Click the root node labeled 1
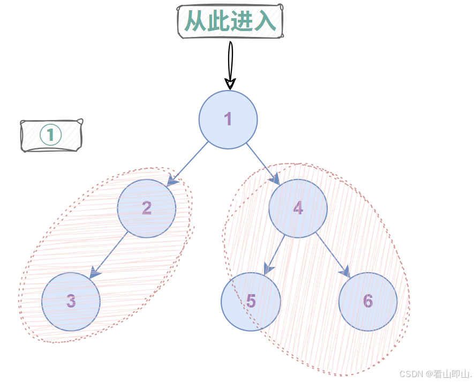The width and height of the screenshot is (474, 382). coord(228,119)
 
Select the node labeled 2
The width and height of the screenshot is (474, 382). coord(147,208)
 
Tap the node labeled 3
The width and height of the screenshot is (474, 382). coord(71,302)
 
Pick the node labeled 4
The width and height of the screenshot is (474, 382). coord(298,208)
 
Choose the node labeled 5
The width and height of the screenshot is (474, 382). coord(251,302)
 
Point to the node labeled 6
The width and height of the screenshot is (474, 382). coord(368,302)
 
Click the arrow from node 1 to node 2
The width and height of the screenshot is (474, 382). coord(189,162)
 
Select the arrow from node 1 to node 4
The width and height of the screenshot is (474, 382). coord(262,163)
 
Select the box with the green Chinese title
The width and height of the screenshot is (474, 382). coord(230,22)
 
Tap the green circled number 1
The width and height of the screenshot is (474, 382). coord(51,135)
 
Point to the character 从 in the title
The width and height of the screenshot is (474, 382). coord(195,22)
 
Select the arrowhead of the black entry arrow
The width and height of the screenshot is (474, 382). coord(230,84)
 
